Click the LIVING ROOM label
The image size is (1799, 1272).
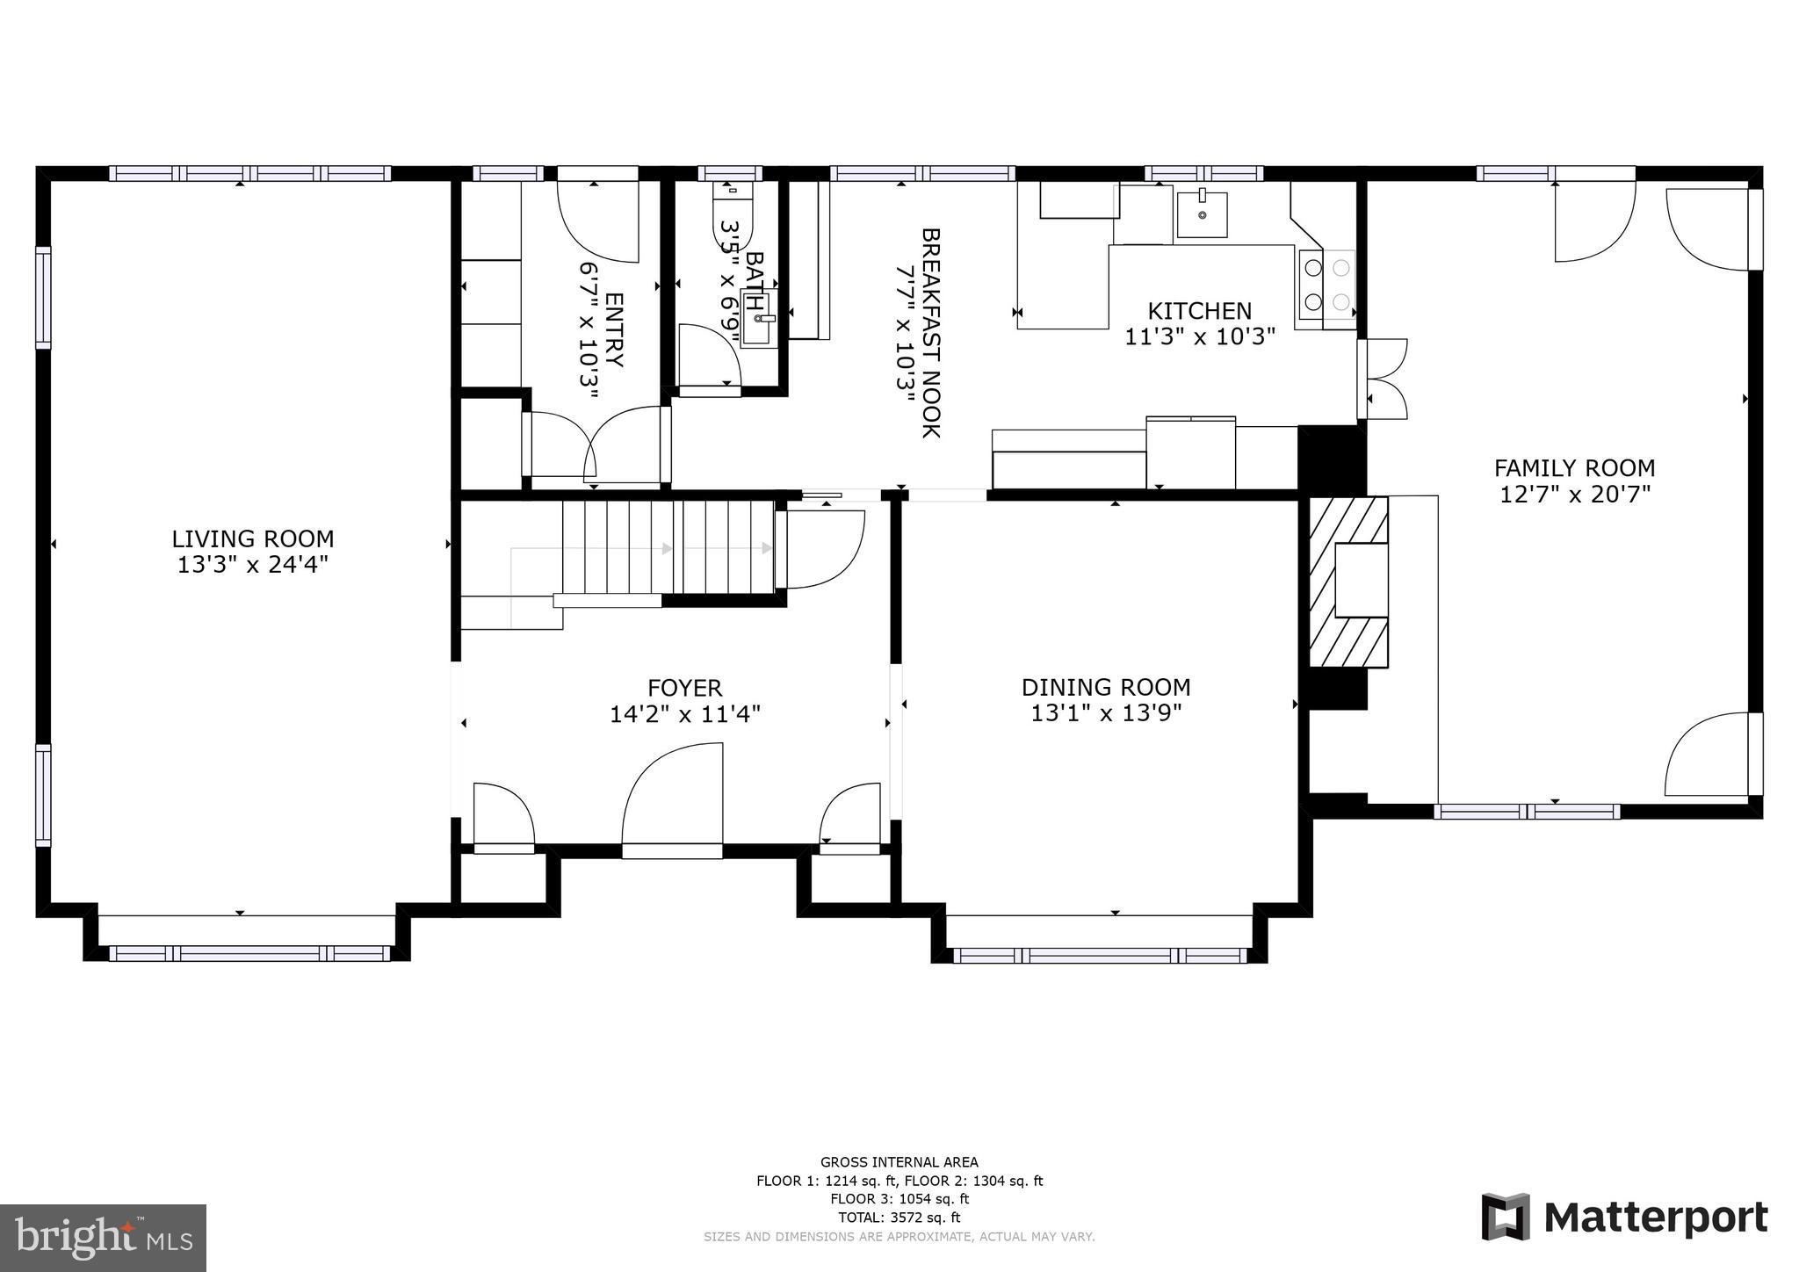click(x=253, y=538)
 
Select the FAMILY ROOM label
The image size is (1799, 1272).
click(x=1574, y=468)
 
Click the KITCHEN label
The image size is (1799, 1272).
click(x=1200, y=311)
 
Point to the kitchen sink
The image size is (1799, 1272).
click(x=1202, y=213)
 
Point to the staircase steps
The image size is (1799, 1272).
click(x=668, y=548)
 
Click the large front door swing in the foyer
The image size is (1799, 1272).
click(x=673, y=795)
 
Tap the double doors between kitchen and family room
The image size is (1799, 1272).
click(x=1384, y=379)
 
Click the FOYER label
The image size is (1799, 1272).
click(x=685, y=688)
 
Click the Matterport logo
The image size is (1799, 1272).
click(x=1624, y=1218)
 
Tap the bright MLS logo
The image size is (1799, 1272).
click(x=103, y=1239)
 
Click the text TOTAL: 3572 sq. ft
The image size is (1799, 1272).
click(x=899, y=1218)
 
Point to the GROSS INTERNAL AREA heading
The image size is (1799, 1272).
click(x=899, y=1162)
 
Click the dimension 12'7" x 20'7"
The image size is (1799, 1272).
click(x=1574, y=495)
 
